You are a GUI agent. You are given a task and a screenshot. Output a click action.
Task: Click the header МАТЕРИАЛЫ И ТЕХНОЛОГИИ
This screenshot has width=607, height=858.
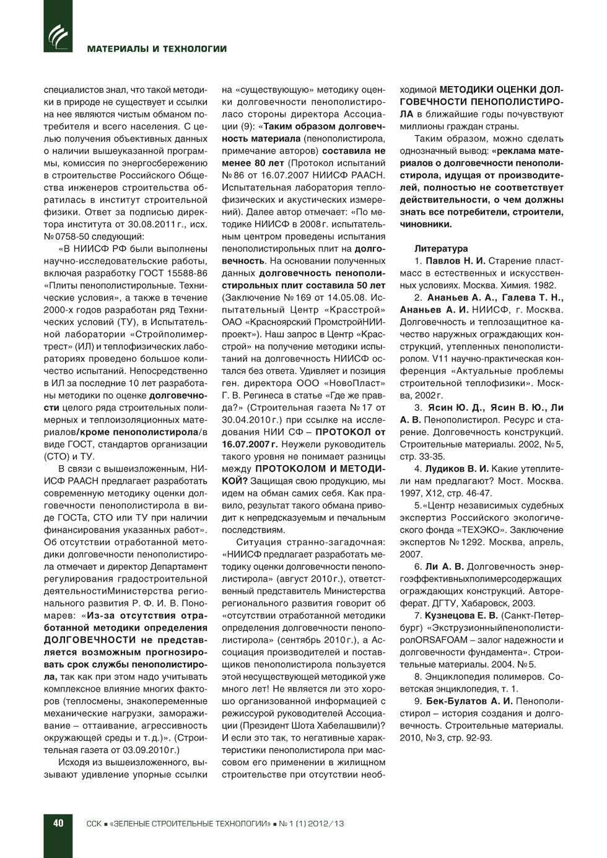coord(157,49)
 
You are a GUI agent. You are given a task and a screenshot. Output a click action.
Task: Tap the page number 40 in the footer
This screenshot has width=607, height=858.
coord(58,823)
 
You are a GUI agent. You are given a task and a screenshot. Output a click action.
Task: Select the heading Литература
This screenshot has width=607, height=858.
coord(441,248)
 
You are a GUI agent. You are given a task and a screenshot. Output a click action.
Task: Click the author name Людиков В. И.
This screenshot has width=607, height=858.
coord(457,468)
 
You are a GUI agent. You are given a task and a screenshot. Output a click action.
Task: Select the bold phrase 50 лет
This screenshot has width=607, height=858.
coord(368,285)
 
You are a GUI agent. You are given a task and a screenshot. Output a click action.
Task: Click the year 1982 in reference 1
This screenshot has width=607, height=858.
coord(546,285)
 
